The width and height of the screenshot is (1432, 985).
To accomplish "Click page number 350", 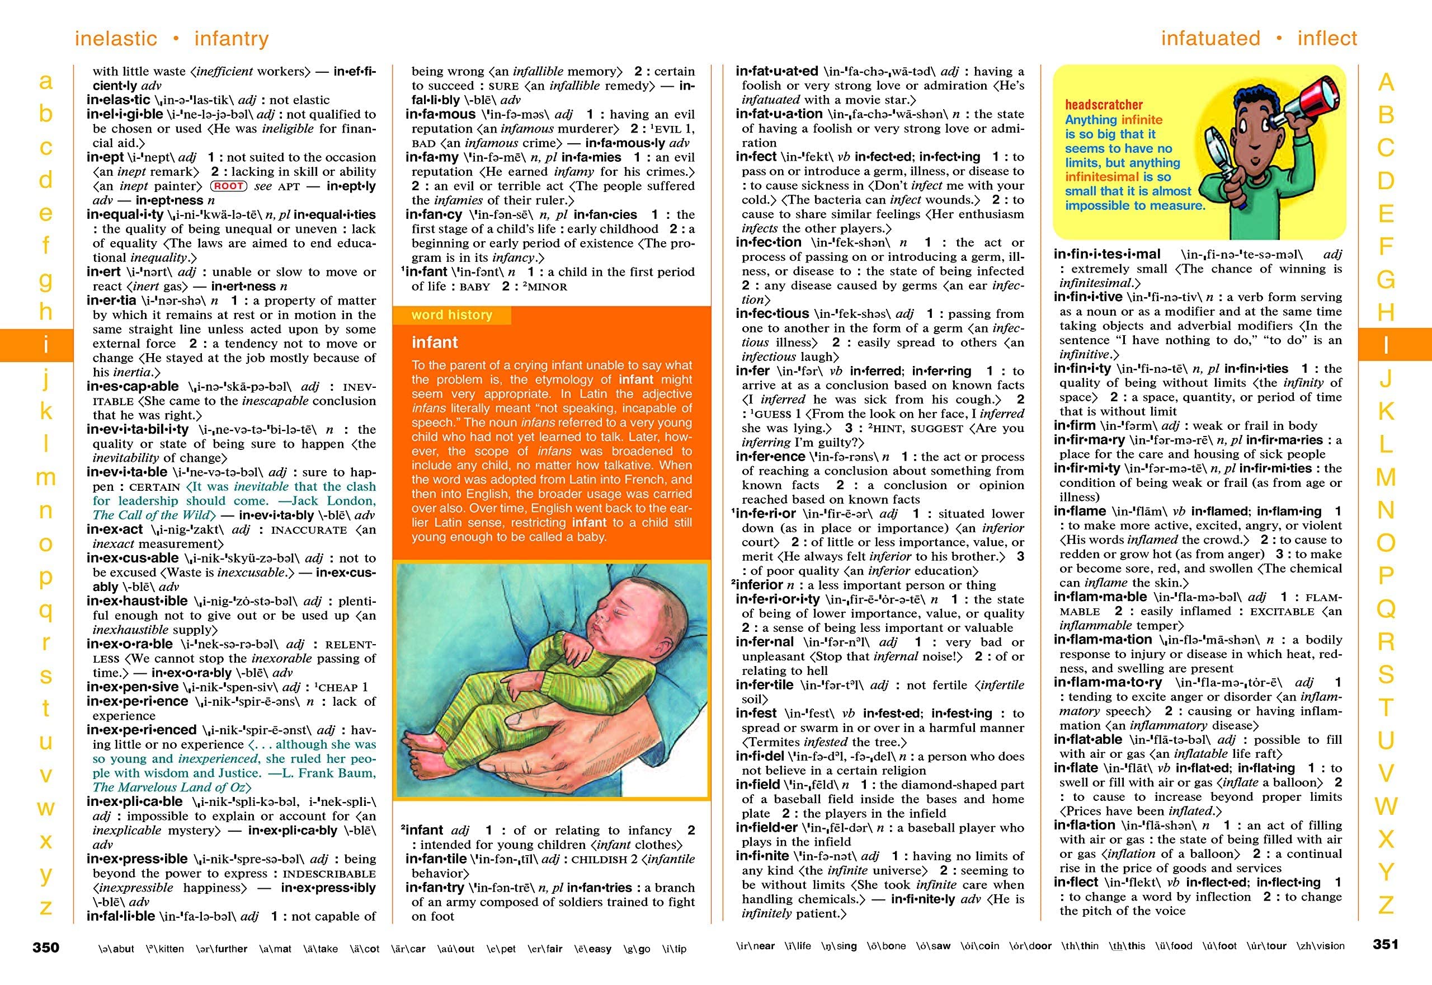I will tap(46, 948).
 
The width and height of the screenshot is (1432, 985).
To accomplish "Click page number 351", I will tap(1386, 944).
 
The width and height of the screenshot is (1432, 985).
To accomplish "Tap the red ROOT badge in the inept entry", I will tap(228, 186).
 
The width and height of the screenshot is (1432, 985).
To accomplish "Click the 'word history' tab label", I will tap(452, 315).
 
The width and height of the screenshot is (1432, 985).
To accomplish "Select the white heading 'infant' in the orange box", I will tap(435, 343).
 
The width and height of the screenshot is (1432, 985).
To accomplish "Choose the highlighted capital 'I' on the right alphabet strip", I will tap(1386, 345).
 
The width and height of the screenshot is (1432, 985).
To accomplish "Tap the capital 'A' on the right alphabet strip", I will tap(1386, 82).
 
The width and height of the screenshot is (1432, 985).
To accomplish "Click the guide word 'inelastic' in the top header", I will tap(116, 38).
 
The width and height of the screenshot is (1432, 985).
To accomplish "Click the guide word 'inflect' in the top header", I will tap(1327, 38).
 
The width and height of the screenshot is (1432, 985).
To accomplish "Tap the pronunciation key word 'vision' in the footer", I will tap(1329, 945).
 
